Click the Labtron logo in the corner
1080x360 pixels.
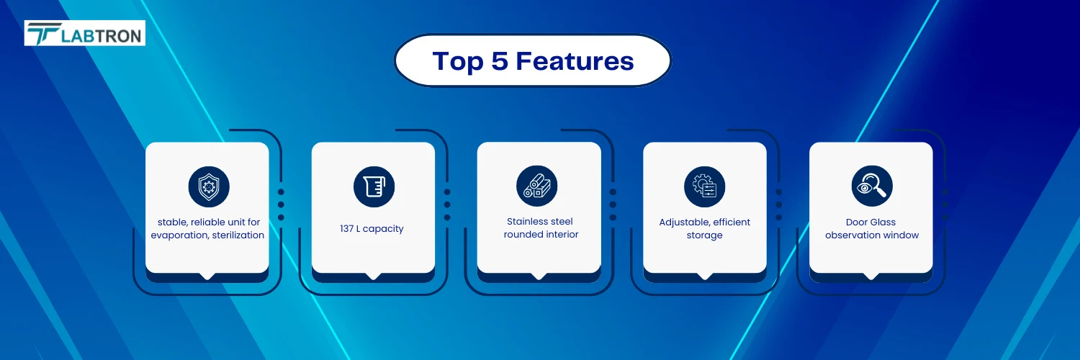(84, 33)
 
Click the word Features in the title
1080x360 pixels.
(575, 61)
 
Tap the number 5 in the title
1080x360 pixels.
(500, 61)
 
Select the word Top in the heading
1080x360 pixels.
(457, 62)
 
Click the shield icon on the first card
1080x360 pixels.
(209, 186)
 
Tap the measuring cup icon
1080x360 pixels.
(374, 186)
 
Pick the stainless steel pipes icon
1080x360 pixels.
(536, 186)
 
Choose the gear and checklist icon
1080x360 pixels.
(704, 186)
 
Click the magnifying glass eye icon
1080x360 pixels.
(872, 186)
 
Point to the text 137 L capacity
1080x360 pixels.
(372, 229)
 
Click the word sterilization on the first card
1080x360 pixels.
(238, 235)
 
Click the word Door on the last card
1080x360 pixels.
(857, 222)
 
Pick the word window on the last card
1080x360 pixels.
(901, 235)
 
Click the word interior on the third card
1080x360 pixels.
(561, 235)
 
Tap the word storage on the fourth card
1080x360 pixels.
(704, 235)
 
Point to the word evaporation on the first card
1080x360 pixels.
(180, 235)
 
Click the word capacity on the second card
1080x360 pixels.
(383, 230)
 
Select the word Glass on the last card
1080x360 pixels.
(883, 222)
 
